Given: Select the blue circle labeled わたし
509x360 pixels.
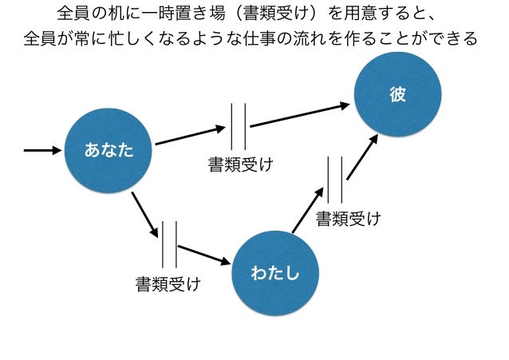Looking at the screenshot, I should pos(275,273).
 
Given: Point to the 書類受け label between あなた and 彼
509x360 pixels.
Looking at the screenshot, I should pos(240,165).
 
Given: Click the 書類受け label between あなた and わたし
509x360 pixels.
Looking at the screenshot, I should pos(168,283).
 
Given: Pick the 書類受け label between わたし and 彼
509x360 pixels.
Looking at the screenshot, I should pos(347,218).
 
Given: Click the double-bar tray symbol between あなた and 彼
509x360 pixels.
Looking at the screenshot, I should pos(238,126).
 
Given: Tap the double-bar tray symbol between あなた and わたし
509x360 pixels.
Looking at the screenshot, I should pos(168,244).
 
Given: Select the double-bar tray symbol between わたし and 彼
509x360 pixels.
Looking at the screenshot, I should pos(335,180).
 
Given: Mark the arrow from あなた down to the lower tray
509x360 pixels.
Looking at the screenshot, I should pos(142,212).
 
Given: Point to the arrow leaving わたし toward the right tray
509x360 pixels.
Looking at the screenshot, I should pos(308,211).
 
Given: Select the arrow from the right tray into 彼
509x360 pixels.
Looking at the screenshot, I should pos(362,156).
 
